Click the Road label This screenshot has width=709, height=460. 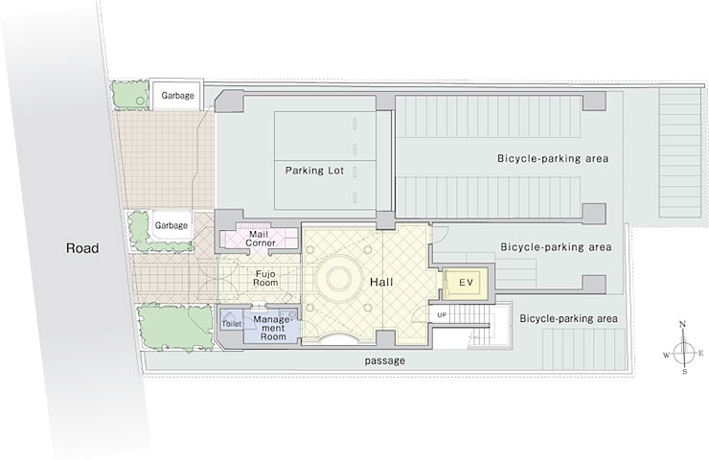pyautogui.click(x=82, y=248)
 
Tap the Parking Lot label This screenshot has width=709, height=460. pyautogui.click(x=314, y=171)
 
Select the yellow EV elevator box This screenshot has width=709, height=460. pyautogui.click(x=465, y=283)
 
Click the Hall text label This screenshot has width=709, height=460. pyautogui.click(x=381, y=283)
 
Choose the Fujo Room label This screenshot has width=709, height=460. pyautogui.click(x=265, y=278)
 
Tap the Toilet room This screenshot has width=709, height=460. pyautogui.click(x=232, y=324)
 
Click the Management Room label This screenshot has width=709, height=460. pyautogui.click(x=273, y=328)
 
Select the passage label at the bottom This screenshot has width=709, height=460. pyautogui.click(x=385, y=361)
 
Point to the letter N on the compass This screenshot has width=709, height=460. pyautogui.click(x=683, y=324)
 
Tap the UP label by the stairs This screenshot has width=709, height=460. pyautogui.click(x=442, y=314)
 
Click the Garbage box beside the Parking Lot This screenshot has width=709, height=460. pyautogui.click(x=177, y=96)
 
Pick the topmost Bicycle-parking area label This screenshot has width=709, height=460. pyautogui.click(x=553, y=159)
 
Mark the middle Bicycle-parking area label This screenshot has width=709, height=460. pyautogui.click(x=556, y=247)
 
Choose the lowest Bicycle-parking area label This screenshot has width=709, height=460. pyautogui.click(x=568, y=318)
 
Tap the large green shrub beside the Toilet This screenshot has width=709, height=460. pyautogui.click(x=175, y=328)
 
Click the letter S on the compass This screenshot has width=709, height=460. pyautogui.click(x=685, y=372)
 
